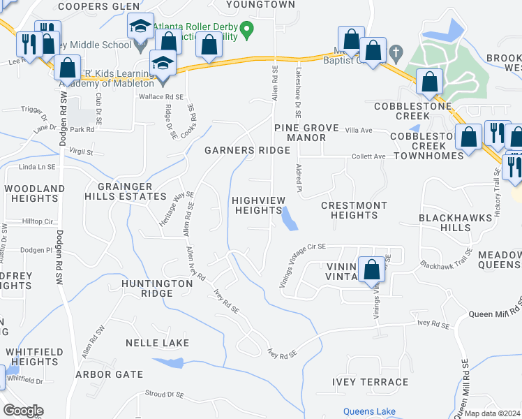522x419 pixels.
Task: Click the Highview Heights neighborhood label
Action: point(259,205)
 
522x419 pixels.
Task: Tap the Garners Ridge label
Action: point(247,150)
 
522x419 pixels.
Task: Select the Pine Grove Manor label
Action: point(299,133)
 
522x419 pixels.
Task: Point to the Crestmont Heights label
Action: point(354,210)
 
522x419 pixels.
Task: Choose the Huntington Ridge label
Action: point(156,288)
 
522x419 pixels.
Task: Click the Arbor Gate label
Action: point(110,374)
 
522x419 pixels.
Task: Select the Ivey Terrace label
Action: point(371,382)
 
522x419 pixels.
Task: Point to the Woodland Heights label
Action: point(35,193)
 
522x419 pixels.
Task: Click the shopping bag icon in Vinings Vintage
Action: point(371,269)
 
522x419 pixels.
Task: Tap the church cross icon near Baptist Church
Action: point(396,52)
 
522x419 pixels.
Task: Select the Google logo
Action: point(23,411)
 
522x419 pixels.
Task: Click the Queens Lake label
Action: point(370,411)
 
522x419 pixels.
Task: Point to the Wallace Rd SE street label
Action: point(161,97)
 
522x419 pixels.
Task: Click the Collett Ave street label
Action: point(368,156)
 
